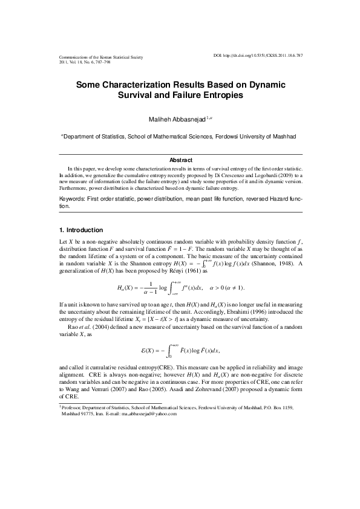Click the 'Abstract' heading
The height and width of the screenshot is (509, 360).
point(180,160)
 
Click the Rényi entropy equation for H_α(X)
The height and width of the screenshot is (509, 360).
point(180,286)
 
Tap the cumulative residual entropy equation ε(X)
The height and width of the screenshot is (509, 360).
point(180,350)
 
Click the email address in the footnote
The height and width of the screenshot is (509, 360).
point(148,414)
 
